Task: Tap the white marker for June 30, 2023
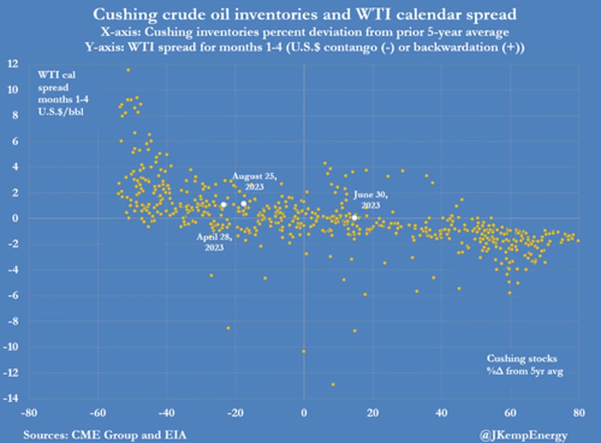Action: pos(354,217)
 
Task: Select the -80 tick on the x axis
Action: pos(30,412)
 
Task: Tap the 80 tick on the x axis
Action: pos(578,412)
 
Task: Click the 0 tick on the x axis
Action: pos(304,412)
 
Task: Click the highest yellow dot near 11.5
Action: pos(128,69)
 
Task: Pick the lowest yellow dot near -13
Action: pos(332,384)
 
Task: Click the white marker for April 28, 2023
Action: pos(223,205)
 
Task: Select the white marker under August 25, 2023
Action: pos(244,203)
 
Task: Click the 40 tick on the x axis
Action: pos(441,412)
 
